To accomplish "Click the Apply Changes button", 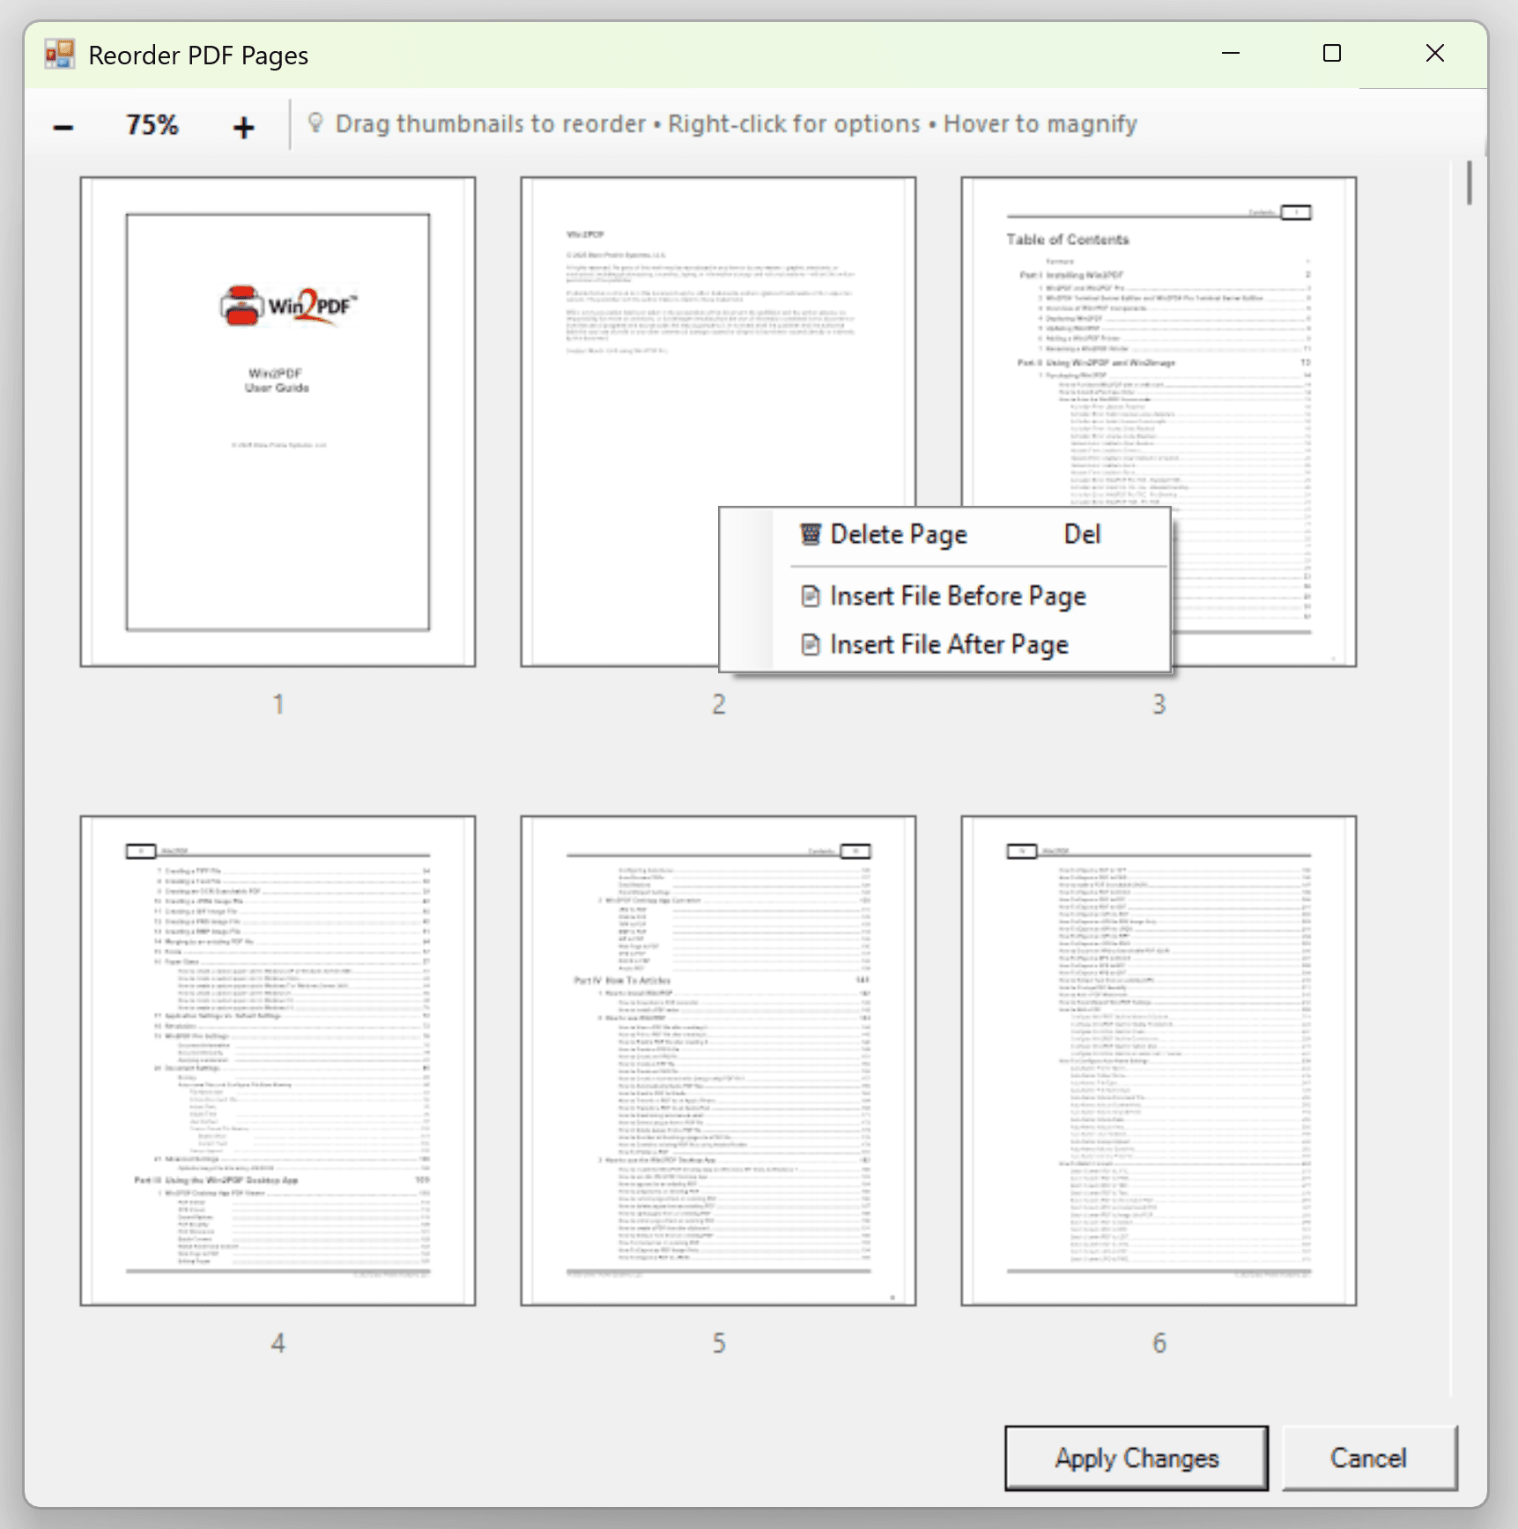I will click(1136, 1458).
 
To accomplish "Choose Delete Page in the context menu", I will click(899, 535).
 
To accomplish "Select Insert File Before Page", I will click(957, 597).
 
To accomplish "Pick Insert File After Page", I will click(948, 645).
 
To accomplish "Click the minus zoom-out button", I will click(63, 127).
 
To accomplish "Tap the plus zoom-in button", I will click(244, 127).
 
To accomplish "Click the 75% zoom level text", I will click(152, 125).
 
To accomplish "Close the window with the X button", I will click(1434, 54).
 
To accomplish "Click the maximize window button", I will click(1332, 54).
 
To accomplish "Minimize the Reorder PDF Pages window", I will click(1231, 54).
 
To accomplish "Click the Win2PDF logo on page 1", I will click(288, 306).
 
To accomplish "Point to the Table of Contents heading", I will click(1067, 240).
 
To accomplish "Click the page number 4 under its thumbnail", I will click(278, 1343).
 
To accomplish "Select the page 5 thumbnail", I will click(718, 1060).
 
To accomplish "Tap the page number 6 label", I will click(1159, 1343).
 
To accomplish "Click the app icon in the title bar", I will click(60, 55).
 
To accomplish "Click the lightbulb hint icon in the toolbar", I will click(315, 123).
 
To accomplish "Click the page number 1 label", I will click(278, 704).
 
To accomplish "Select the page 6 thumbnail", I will click(1159, 1060).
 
